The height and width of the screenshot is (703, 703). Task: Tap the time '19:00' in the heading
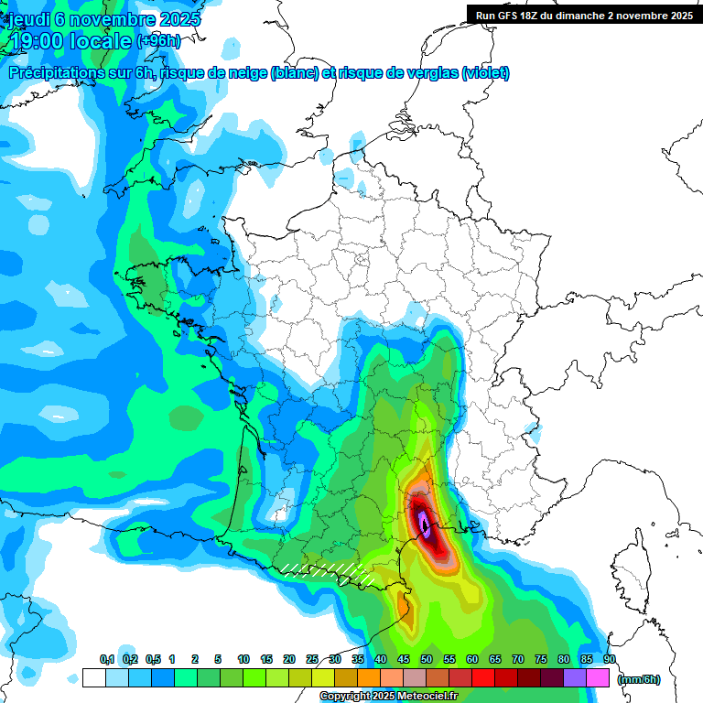tap(38, 41)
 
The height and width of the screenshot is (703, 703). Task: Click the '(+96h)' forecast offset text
tap(158, 41)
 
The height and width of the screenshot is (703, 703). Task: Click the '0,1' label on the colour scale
tap(107, 659)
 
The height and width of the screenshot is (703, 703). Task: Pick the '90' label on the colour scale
tap(609, 659)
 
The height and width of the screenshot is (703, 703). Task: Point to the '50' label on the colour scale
tap(427, 659)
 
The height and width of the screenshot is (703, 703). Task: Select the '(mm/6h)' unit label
tap(638, 679)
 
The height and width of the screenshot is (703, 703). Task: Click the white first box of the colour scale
tap(93, 678)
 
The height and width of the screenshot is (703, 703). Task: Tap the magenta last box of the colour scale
tap(598, 678)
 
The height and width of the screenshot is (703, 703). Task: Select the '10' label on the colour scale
tap(243, 659)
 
